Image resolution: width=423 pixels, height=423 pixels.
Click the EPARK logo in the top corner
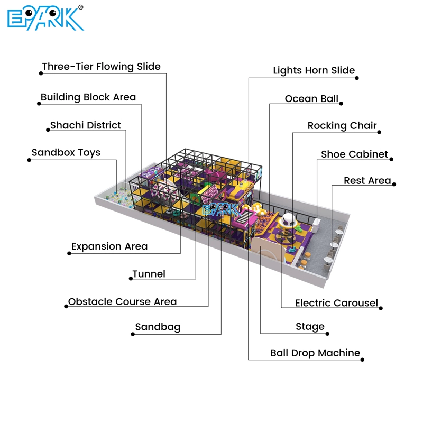[x=45, y=19]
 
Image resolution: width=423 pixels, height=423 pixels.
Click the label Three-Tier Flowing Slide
[x=101, y=67]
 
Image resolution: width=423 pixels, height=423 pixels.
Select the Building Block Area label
[x=88, y=97]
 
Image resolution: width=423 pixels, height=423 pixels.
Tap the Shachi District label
[x=86, y=125]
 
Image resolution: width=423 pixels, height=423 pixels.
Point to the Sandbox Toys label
[x=66, y=153]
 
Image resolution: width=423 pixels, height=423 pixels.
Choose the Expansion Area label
[x=109, y=246]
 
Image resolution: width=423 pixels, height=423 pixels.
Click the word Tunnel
[x=149, y=274]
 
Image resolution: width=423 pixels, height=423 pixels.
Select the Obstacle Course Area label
[x=122, y=302]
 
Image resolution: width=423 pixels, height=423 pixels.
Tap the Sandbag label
[x=158, y=327]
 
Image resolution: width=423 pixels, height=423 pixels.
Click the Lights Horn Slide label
[x=314, y=70]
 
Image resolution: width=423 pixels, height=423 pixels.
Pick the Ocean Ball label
[x=311, y=99]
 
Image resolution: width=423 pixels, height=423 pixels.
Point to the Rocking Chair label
[x=342, y=126]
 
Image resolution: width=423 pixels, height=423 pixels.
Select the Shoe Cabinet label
[x=354, y=154]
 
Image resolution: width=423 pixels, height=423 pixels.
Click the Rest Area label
[x=367, y=181]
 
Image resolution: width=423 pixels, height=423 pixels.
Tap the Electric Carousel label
[x=336, y=303]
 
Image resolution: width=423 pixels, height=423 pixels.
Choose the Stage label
[x=310, y=327]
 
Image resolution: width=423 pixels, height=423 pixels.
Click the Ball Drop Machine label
[x=315, y=353]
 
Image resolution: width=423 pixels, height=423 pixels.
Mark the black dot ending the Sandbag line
[x=132, y=334]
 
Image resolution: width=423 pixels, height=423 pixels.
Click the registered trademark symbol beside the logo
[x=80, y=7]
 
